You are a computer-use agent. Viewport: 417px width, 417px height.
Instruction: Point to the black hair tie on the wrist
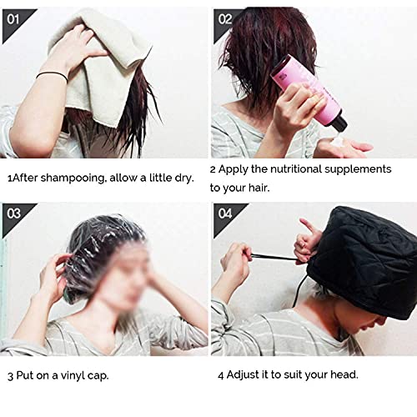pyautogui.click(x=52, y=76)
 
